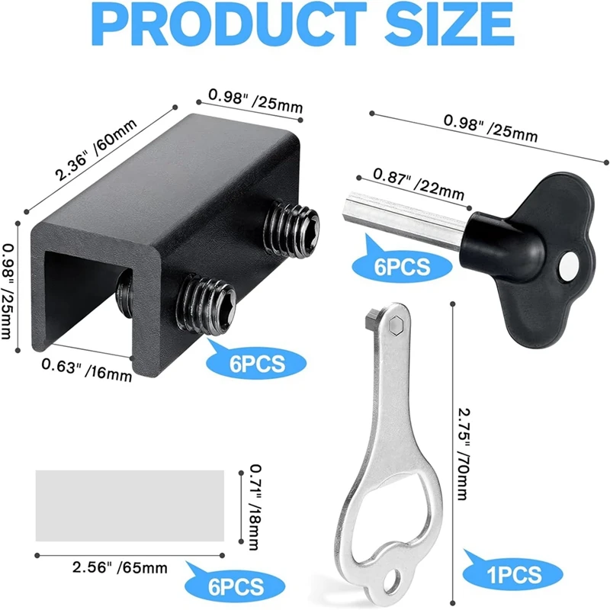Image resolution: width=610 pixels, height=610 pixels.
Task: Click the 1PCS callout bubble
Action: point(509,573)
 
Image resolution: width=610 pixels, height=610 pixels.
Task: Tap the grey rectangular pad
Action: point(130,505)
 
